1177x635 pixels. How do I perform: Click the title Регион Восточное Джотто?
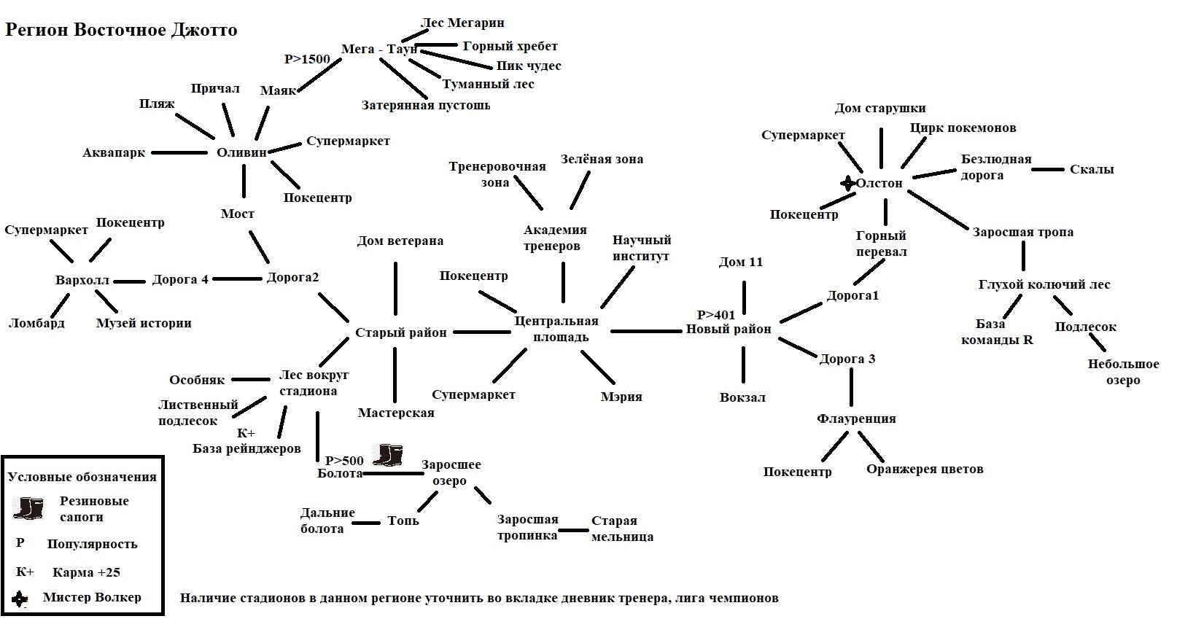pos(122,31)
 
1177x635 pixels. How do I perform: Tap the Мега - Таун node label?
pos(378,50)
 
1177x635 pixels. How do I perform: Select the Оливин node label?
pos(242,152)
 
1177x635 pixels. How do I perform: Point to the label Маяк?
pos(278,91)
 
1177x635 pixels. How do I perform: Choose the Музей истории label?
pos(144,323)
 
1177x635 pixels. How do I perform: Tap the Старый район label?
pos(400,332)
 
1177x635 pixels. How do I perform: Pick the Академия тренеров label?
pos(555,238)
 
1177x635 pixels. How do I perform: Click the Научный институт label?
pos(641,248)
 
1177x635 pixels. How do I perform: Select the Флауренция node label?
pos(856,418)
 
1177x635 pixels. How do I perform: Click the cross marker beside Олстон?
pos(847,183)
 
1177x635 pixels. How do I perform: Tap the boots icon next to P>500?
pos(387,455)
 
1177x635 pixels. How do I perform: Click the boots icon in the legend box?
pos(28,508)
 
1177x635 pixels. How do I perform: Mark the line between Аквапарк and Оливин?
pos(179,152)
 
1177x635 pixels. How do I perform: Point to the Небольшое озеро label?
pos(1123,372)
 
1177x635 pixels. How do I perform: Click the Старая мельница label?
pos(621,529)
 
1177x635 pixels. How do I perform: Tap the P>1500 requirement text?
pos(307,59)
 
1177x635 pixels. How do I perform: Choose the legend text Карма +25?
pos(86,572)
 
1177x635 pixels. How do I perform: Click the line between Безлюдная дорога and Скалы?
pos(1048,170)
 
